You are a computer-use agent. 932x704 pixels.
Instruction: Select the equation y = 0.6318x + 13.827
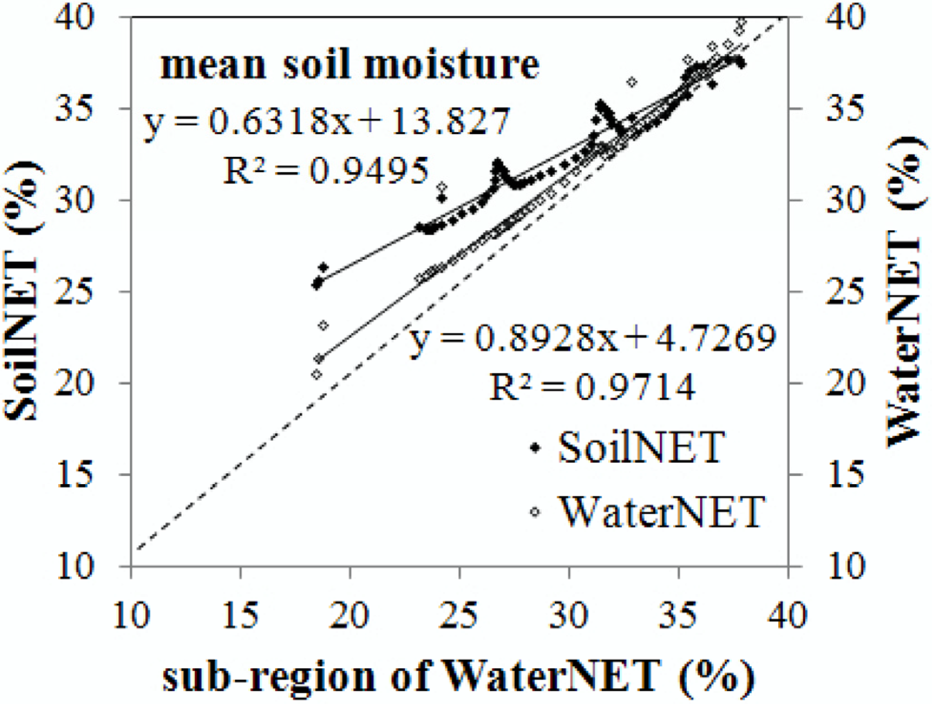coord(327,122)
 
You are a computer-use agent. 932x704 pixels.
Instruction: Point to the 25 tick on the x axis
coord(459,615)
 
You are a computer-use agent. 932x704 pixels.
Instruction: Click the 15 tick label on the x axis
coord(241,615)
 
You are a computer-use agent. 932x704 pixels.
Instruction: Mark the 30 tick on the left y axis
coord(74,200)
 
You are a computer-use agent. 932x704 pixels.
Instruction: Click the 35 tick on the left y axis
coord(74,109)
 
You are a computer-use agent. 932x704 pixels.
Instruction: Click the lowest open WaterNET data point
coord(316,374)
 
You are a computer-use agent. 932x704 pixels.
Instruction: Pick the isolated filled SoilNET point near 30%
coord(442,198)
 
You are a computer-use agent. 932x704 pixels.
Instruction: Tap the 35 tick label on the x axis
coord(678,615)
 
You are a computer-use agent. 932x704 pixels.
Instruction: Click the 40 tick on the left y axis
coord(74,18)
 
